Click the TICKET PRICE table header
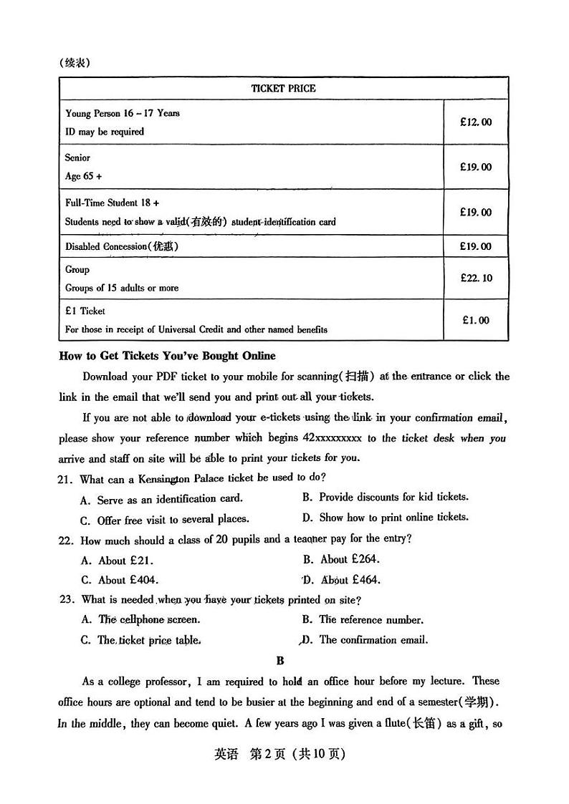tap(283, 89)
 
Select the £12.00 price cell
tap(476, 122)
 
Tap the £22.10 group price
tap(476, 278)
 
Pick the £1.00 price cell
tap(476, 320)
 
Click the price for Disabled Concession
tap(476, 246)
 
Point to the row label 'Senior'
tap(77, 158)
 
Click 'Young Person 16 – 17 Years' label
tap(123, 113)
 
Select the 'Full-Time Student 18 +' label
tap(112, 203)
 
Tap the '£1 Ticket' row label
tap(85, 311)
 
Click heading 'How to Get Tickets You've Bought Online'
tap(167, 356)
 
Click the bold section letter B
tap(280, 661)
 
